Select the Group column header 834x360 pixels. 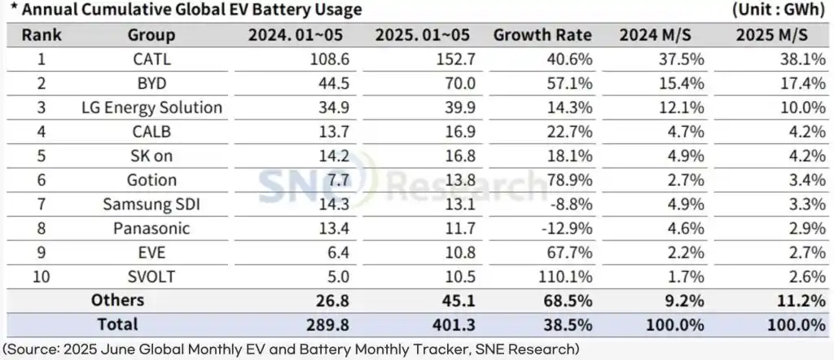pos(151,35)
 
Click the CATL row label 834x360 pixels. pos(151,59)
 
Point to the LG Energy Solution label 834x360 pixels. pos(151,108)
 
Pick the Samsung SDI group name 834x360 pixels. pos(151,204)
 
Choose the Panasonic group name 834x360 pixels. pos(151,228)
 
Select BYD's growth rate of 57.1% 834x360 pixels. pos(570,84)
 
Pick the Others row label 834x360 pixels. pos(117,300)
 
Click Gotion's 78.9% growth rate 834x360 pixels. pos(570,180)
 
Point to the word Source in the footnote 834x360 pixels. pos(31,349)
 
